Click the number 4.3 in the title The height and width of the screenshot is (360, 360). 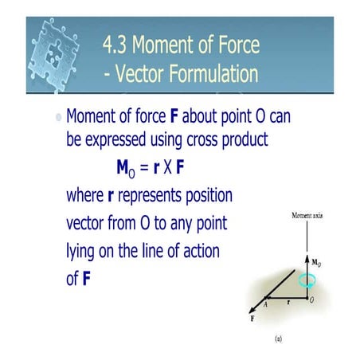[115, 45]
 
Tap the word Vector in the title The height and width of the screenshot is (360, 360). [139, 73]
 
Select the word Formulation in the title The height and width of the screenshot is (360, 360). [213, 73]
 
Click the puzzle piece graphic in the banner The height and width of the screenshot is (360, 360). [54, 54]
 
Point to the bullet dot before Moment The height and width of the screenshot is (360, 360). [59, 117]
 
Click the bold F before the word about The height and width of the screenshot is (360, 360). [174, 116]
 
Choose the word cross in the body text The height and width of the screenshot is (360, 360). [202, 139]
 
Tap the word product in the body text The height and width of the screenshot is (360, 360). [245, 139]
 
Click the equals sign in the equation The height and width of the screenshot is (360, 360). [144, 167]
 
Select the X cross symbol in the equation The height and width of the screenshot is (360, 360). [167, 167]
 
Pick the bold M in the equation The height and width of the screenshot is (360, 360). [123, 167]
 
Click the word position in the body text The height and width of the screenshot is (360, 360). [209, 196]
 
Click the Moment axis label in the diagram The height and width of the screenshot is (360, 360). [307, 215]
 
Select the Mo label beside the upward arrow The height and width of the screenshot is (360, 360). [316, 263]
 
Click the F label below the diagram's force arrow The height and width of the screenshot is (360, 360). [252, 319]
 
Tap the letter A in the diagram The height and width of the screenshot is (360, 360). [265, 305]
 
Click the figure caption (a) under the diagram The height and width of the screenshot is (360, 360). [279, 338]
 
